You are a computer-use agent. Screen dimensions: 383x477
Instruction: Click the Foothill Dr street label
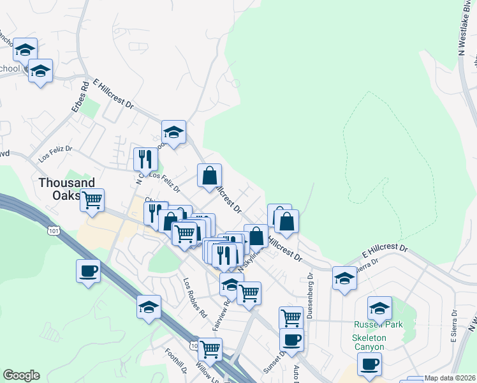click(173, 363)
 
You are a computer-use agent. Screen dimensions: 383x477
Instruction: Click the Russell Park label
click(379, 324)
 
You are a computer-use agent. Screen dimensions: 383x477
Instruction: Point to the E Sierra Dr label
click(454, 327)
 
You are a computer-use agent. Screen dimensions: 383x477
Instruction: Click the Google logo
click(21, 375)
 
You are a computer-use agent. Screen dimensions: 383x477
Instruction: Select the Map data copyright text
click(450, 378)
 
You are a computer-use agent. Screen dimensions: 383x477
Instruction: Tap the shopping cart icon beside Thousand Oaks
click(92, 200)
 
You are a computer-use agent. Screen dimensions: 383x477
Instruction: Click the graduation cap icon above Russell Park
click(379, 307)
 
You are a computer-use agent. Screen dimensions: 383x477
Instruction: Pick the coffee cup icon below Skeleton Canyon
click(369, 364)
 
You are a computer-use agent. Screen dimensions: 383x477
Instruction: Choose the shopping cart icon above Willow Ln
click(210, 349)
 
